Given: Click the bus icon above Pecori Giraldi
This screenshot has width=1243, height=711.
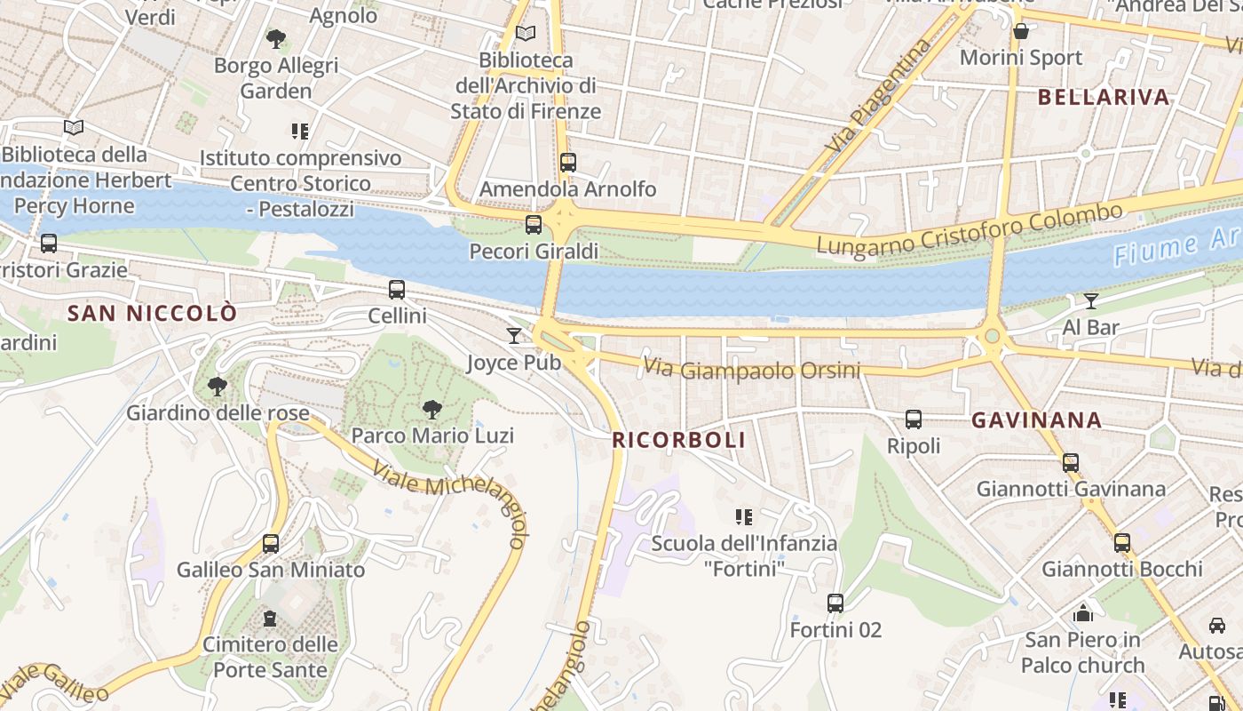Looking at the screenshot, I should (534, 225).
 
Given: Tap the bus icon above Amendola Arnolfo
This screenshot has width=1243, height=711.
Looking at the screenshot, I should (568, 163).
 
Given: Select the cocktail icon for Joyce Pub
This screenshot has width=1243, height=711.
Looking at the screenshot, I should (514, 335).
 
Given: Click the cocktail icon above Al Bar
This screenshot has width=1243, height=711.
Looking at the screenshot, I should (1091, 301).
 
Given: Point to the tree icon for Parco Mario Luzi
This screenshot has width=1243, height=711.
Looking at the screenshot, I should (432, 410).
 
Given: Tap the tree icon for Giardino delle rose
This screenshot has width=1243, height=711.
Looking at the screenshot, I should (217, 387).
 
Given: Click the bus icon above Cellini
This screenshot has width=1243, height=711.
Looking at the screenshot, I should (397, 289).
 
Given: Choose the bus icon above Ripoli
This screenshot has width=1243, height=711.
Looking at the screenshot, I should (914, 419).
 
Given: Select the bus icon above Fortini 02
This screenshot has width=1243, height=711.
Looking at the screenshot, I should (835, 603).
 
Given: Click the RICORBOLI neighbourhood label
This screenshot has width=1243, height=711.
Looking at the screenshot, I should (678, 440).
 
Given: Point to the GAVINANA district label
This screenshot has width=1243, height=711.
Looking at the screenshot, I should (1037, 420).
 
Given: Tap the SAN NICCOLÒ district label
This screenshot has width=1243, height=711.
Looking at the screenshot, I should (153, 313).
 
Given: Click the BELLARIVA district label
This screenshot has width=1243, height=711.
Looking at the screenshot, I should (1104, 98).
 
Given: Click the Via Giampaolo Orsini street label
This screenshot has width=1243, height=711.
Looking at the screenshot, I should (752, 369).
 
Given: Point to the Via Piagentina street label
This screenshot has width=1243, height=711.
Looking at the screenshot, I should (880, 95).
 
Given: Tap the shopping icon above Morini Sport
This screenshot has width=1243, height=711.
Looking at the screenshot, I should (1022, 31).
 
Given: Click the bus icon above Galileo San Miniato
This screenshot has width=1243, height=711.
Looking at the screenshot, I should (271, 543).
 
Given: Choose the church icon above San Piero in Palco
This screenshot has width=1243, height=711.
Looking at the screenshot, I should (1082, 612).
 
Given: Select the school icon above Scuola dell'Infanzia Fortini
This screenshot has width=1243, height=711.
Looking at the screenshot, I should (744, 516).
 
